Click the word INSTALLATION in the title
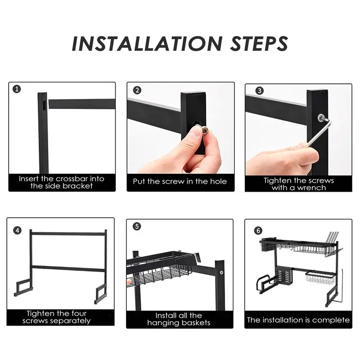pos(147,44)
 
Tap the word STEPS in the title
pos(259,44)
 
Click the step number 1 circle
pos(17,89)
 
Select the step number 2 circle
pos(137,90)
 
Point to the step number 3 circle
pos(260,91)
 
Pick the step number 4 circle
pos(18,230)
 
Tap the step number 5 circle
pos(137,226)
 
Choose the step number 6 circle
pos(258,230)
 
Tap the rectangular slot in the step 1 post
pos(44,104)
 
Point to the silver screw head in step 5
pos(221,273)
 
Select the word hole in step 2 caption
pos(218,181)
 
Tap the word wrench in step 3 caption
pos(311,188)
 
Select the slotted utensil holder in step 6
pos(284,275)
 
